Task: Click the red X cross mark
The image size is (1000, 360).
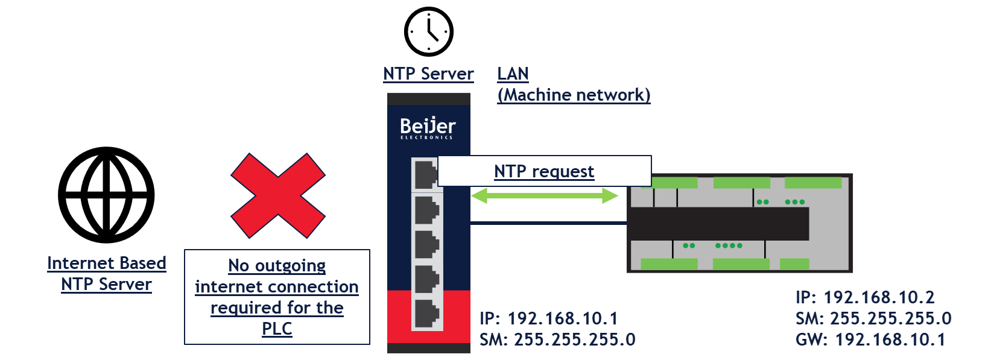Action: coord(278,195)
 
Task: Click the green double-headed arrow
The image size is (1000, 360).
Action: coord(545,195)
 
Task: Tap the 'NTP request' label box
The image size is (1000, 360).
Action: coord(544,171)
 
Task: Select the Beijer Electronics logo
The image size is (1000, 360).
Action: coord(428,128)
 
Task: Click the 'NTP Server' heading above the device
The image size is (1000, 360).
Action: coord(428,74)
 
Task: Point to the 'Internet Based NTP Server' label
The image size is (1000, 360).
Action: coord(107,273)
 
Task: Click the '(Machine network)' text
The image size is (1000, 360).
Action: coord(574,95)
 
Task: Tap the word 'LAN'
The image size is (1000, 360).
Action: coord(513,74)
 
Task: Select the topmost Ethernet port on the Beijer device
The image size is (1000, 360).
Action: coord(426,175)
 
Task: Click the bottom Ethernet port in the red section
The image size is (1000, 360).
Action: coord(427,314)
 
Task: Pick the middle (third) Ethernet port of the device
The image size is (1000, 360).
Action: coord(427,244)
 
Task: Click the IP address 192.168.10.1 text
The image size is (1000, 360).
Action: coord(549,318)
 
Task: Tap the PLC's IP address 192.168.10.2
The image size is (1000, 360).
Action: coord(865,297)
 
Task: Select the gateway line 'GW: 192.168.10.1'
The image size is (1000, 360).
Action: coord(870,339)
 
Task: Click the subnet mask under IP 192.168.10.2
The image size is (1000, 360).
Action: coord(873,318)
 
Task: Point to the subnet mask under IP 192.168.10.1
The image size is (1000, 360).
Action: coord(557,339)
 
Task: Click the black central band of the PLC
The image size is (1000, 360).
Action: coord(718,224)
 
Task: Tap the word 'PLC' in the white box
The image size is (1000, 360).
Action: coord(277,329)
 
